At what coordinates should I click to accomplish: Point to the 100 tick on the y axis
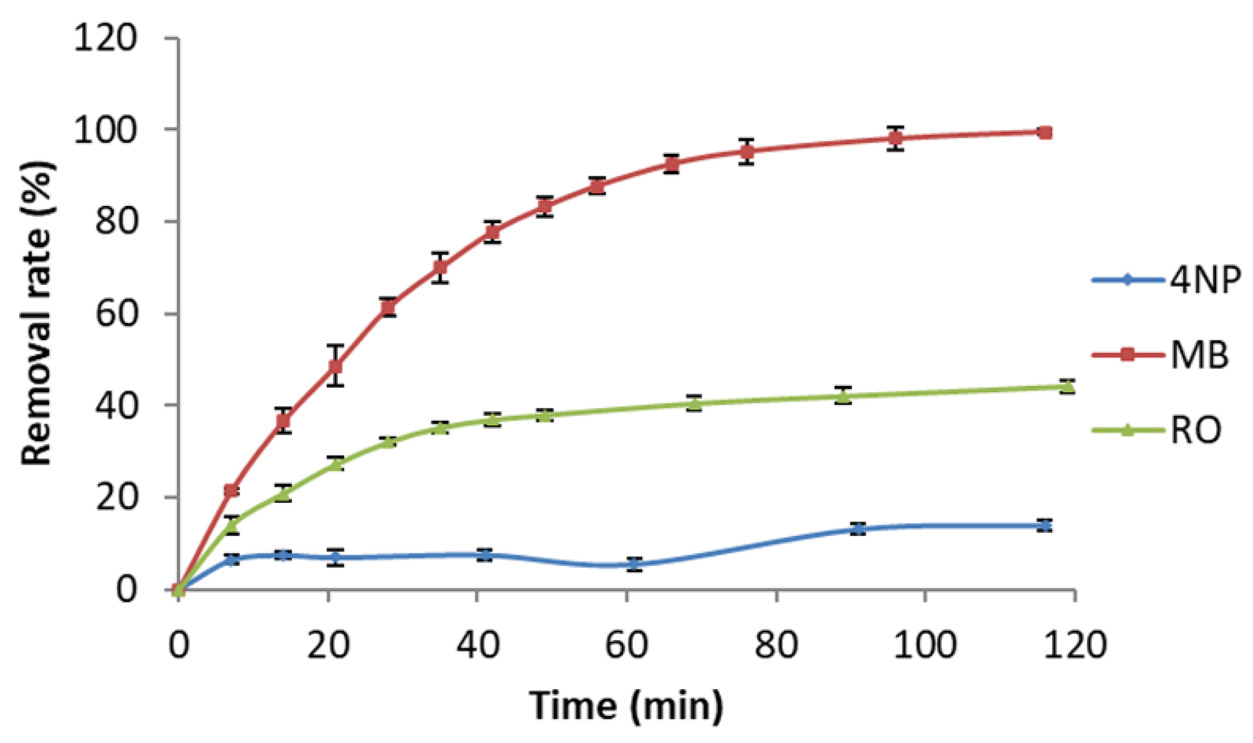[105, 130]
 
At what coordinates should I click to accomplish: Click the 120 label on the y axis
[105, 39]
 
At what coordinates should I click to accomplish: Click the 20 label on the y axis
[116, 497]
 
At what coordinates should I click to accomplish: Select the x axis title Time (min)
[626, 705]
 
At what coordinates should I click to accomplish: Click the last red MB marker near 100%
[1045, 133]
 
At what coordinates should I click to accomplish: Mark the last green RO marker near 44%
[1067, 387]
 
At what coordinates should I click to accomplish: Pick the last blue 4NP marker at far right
[1044, 525]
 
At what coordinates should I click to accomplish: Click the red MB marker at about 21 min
[336, 366]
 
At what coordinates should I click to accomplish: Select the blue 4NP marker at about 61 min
[635, 564]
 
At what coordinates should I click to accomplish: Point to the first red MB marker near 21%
[231, 491]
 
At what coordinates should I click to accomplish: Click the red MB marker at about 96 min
[895, 138]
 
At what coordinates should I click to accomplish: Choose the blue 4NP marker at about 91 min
[859, 528]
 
